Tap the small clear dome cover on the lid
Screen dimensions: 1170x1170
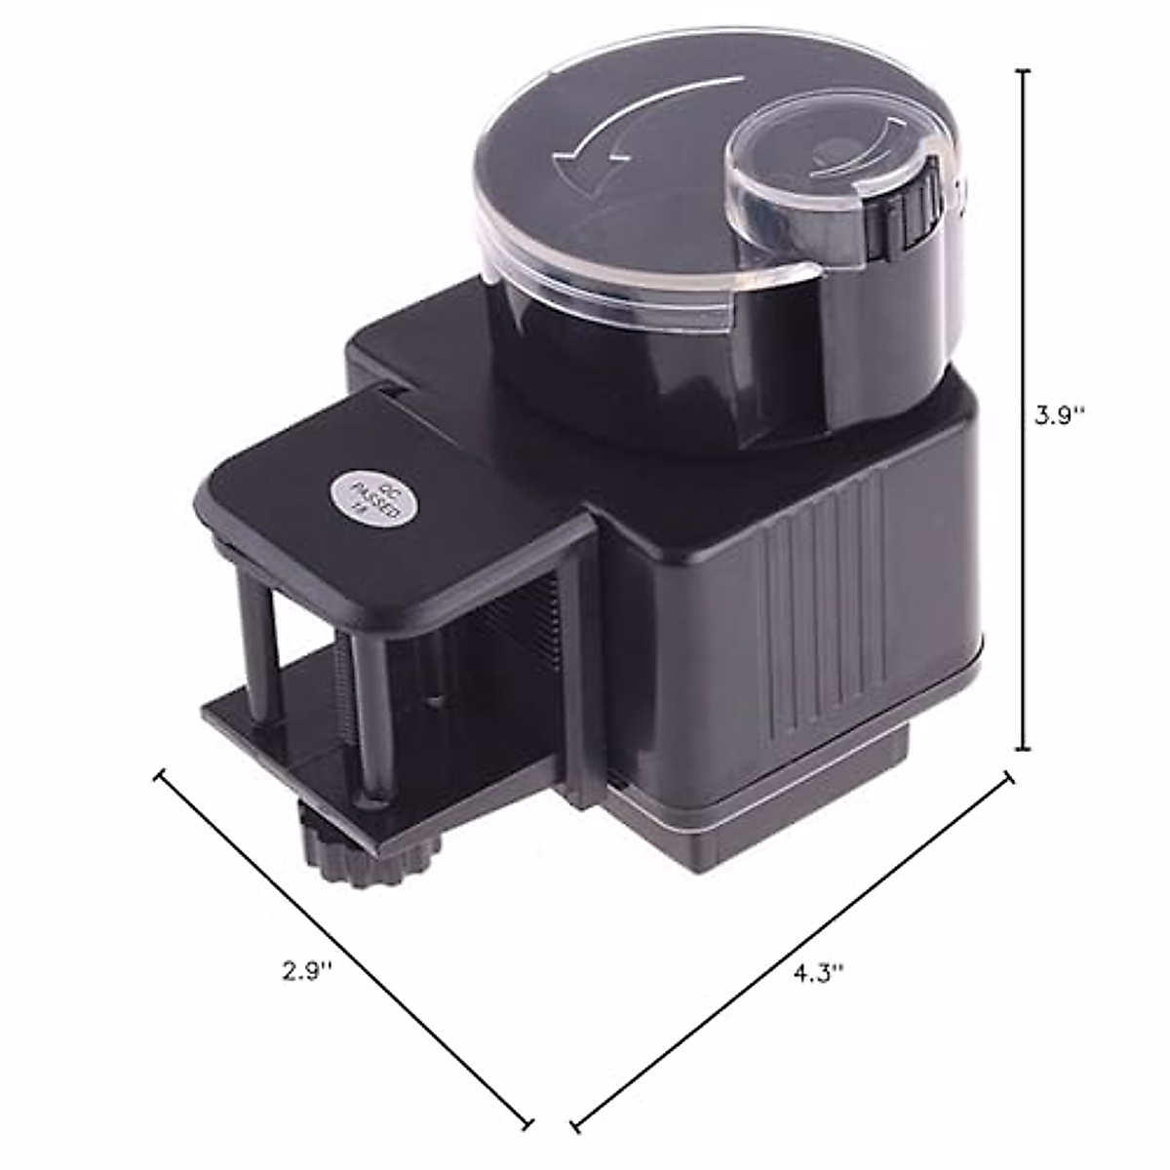(819, 180)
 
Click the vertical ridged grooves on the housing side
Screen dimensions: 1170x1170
(824, 604)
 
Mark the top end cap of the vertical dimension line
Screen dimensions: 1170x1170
(1023, 71)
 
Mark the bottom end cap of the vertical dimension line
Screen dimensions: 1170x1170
(1023, 749)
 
